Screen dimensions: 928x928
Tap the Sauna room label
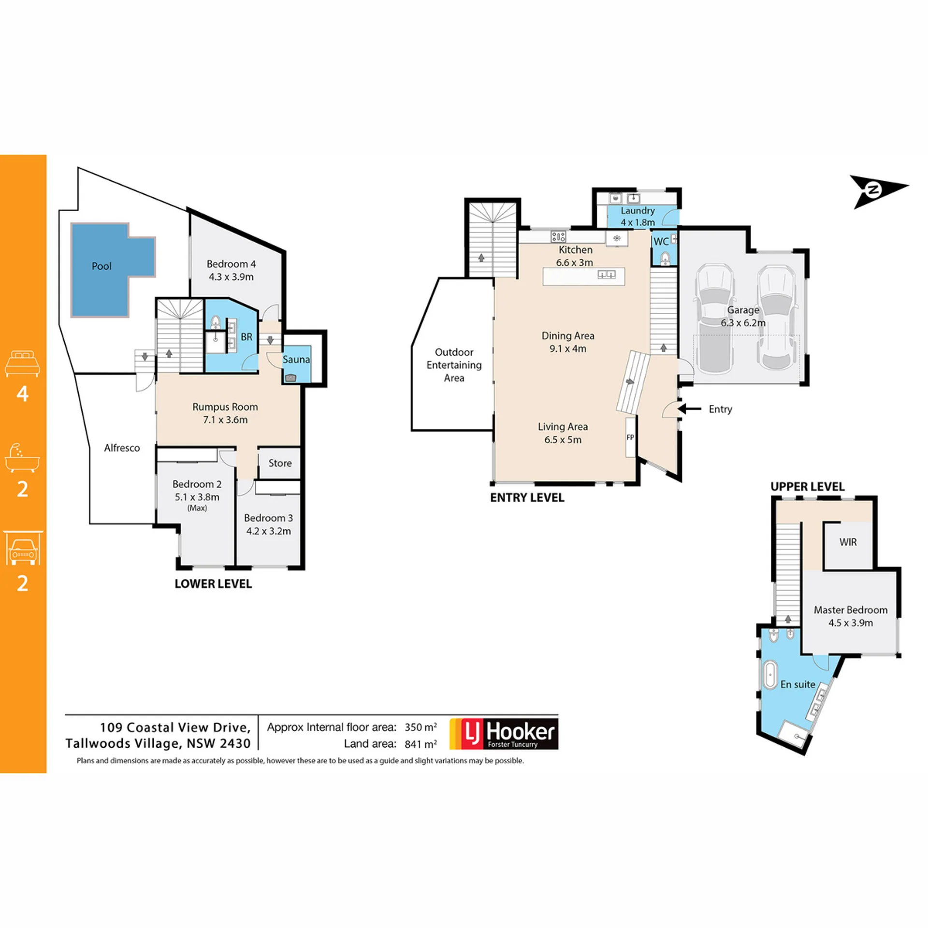point(296,359)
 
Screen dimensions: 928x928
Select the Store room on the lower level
point(279,463)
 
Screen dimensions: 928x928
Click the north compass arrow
point(879,191)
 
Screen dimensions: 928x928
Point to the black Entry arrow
point(689,409)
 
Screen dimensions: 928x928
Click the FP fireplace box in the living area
point(630,437)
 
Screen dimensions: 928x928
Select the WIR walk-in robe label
point(848,542)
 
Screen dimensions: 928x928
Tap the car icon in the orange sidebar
point(22,548)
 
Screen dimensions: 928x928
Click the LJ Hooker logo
point(504,734)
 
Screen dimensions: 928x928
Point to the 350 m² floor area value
point(420,727)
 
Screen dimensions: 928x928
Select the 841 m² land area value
point(420,744)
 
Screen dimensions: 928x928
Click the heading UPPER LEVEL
point(807,487)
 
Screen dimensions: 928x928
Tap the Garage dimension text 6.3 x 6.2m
point(743,323)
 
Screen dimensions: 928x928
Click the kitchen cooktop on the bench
point(558,236)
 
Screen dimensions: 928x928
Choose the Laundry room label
point(638,211)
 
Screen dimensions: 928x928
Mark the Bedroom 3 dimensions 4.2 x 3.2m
point(268,531)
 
